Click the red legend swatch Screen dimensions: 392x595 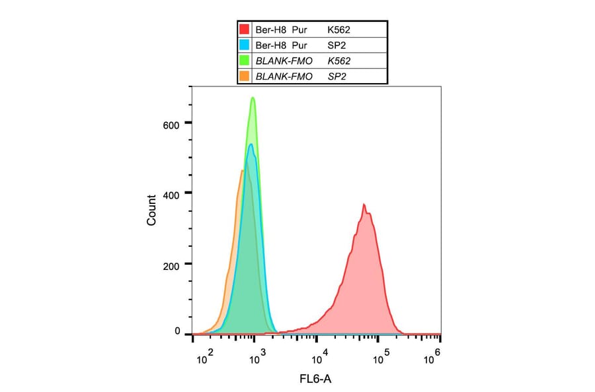click(x=245, y=30)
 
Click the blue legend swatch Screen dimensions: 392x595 click(x=245, y=45)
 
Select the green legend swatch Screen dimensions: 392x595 click(x=245, y=61)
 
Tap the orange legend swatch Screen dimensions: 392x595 click(x=245, y=77)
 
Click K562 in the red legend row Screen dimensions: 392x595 click(x=339, y=30)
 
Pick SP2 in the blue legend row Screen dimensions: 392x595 click(x=337, y=45)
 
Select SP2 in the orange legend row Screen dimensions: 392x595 click(x=337, y=77)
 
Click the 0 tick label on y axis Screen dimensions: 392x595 click(x=177, y=332)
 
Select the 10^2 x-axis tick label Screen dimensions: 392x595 click(x=205, y=358)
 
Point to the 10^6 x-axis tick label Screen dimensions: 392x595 click(x=432, y=357)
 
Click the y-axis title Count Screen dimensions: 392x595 click(x=152, y=211)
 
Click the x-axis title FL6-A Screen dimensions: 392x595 click(x=317, y=381)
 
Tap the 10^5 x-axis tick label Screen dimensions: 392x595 click(x=379, y=358)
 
